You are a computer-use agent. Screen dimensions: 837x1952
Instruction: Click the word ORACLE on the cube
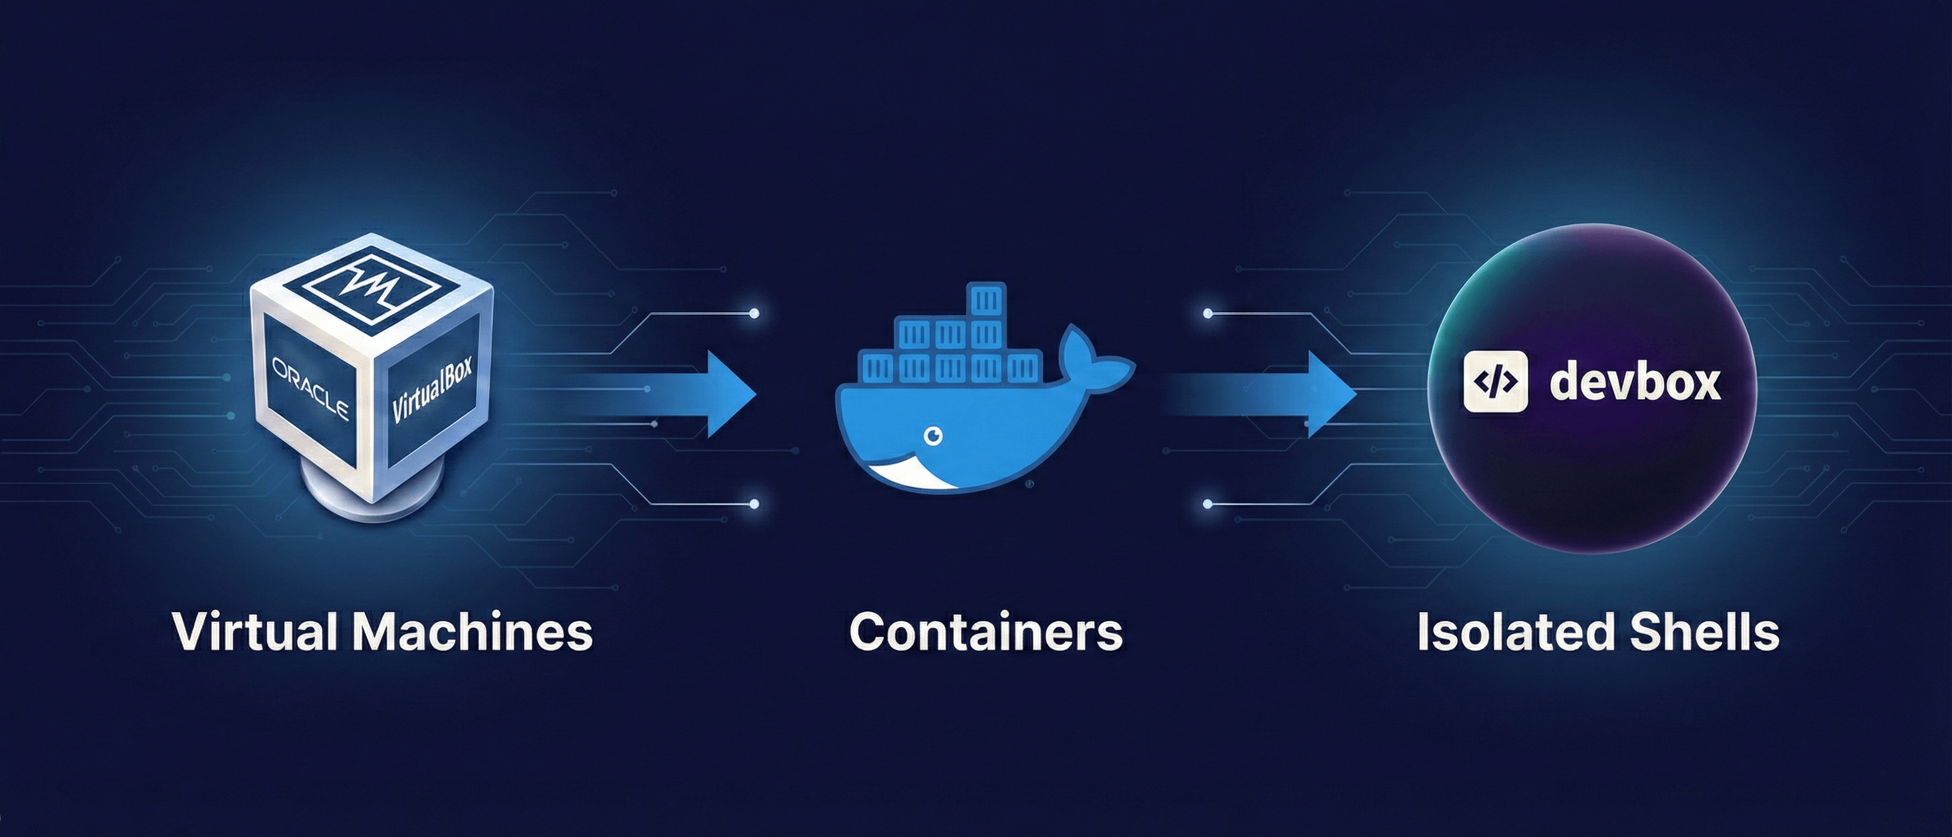coord(311,388)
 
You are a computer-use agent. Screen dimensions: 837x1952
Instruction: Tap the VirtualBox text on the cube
coord(432,388)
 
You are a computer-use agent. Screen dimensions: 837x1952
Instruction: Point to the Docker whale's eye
coord(934,435)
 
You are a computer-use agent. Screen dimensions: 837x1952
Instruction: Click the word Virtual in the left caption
coord(255,631)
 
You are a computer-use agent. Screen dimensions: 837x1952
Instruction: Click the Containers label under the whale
coord(985,631)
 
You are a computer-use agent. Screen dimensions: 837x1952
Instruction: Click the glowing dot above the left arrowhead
coord(753,313)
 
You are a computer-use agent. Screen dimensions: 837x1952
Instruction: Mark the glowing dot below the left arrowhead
coord(753,503)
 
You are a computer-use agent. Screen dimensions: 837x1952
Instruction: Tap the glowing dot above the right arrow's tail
coord(1208,313)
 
